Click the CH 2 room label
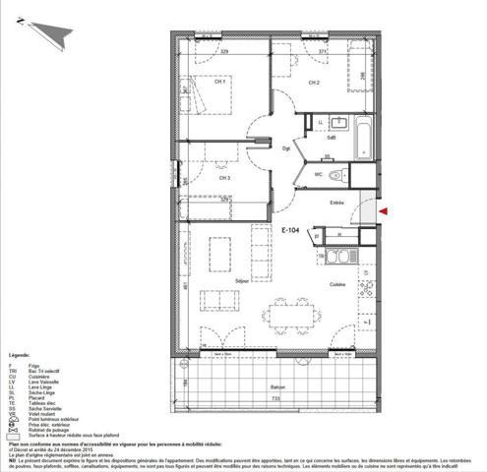pyautogui.click(x=313, y=83)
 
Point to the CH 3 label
pyautogui.click(x=225, y=178)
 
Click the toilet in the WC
pyautogui.click(x=336, y=175)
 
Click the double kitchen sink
pyautogui.click(x=339, y=257)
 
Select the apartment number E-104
pyautogui.click(x=289, y=233)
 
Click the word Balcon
pyautogui.click(x=278, y=387)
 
